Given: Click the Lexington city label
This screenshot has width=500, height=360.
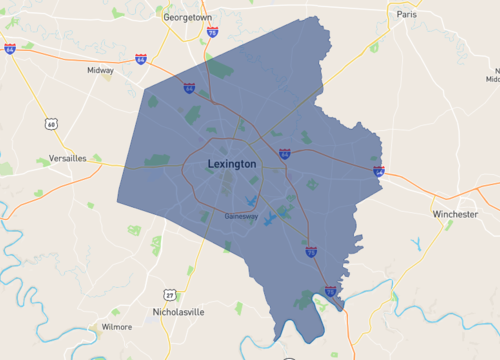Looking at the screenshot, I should tap(232, 163).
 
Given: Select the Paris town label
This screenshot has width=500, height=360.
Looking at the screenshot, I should tap(406, 15).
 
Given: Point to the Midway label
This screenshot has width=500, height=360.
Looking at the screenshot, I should tap(101, 71).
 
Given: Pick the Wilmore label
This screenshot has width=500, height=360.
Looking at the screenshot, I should tap(117, 326).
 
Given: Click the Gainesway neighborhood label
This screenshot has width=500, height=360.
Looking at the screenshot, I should tap(242, 215).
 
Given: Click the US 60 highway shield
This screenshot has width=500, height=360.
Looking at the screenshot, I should tap(50, 124).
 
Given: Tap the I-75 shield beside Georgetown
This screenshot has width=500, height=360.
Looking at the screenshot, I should tap(212, 33).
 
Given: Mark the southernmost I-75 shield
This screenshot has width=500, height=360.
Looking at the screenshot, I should tap(331, 291).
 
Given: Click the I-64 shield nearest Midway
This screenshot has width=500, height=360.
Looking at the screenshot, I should tap(140, 60).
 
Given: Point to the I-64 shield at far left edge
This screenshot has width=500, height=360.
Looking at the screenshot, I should tap(9, 48).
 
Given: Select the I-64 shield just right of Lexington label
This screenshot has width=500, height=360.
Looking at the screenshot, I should tap(285, 154).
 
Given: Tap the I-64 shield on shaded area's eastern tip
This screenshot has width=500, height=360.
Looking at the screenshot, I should tap(379, 171).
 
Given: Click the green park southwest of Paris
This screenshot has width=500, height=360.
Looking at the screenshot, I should tap(374, 46).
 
